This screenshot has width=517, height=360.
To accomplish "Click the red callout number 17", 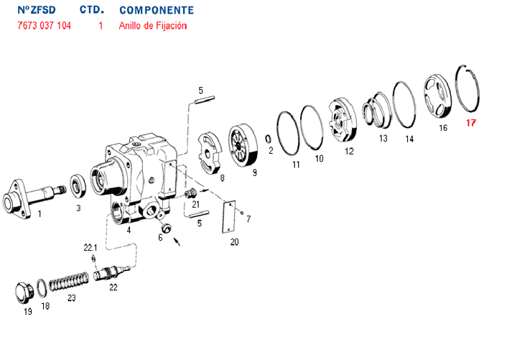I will pos(471,123).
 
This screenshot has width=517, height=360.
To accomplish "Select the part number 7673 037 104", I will pos(45,26).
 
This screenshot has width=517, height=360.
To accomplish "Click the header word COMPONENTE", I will pos(156,11).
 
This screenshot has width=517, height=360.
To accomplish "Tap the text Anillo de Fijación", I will pos(153,26).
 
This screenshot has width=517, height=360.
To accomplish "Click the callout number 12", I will pos(350,152).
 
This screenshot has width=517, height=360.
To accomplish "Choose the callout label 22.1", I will pos(91,248).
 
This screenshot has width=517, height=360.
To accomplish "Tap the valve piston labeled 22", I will pos(108,273).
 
